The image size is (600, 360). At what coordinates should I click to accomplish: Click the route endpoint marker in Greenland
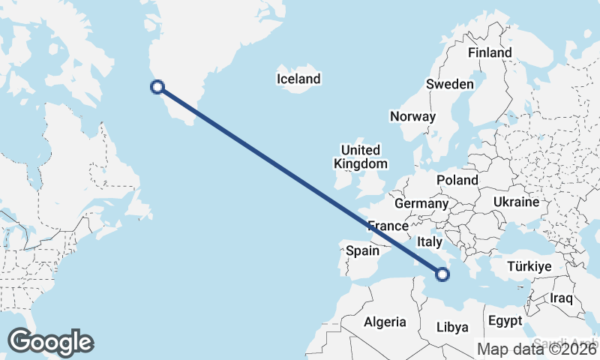coord(157,87)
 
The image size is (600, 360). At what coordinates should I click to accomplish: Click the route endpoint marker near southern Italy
coord(442,274)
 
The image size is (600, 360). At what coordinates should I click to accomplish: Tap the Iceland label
coord(298,79)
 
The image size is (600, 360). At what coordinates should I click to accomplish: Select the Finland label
coord(490,52)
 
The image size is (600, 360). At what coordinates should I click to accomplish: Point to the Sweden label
coord(450,84)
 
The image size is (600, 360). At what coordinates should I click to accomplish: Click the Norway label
coord(412,116)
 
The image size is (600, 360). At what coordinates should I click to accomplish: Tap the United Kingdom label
coord(361,157)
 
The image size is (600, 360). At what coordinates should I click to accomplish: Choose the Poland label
coord(457,180)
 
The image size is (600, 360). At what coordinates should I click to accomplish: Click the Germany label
coord(421,203)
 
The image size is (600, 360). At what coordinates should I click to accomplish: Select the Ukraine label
coord(516,202)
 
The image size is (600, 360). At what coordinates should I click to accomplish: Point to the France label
coord(388,226)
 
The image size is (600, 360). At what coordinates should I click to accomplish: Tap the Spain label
coord(362,251)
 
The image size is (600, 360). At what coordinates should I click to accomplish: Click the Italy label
coord(430,242)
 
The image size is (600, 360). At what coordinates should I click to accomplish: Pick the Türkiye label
coord(529,266)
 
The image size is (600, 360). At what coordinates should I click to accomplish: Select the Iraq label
coord(561,298)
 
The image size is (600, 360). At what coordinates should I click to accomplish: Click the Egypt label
coord(505,320)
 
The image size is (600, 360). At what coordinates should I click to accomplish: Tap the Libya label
coord(452,327)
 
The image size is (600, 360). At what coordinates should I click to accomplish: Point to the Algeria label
coord(385,322)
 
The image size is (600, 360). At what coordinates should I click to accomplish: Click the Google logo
coord(50,341)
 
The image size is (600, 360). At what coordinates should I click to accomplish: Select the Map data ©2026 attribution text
coord(537,349)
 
